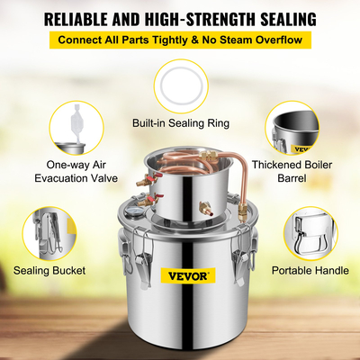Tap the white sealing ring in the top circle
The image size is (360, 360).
click(x=180, y=86)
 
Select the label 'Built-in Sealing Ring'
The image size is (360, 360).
click(x=180, y=122)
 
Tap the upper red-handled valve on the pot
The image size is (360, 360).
click(x=143, y=180)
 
